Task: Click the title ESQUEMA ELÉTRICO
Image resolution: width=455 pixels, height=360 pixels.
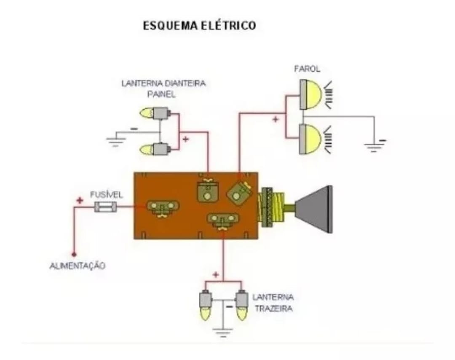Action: pos(199,26)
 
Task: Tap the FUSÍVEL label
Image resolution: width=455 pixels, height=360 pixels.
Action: pos(106,195)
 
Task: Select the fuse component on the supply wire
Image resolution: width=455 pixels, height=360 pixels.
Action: pos(105,207)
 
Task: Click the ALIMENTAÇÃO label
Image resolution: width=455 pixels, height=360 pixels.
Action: pos(78,266)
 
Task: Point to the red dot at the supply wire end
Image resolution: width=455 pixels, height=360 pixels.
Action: pos(74,255)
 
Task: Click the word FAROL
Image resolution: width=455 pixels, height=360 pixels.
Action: pos(307,68)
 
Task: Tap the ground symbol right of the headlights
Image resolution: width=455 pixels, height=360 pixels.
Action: pos(374,146)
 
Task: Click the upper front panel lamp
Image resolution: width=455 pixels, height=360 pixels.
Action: pos(155,113)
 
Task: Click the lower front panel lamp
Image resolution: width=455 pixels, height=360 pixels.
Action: pos(155,149)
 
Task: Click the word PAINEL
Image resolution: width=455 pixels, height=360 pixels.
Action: pos(161,95)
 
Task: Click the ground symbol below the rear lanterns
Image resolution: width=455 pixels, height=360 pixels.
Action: pos(223,331)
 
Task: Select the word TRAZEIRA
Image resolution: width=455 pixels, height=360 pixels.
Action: pos(273,309)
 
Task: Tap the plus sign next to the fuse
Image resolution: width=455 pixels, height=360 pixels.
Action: pos(80,200)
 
